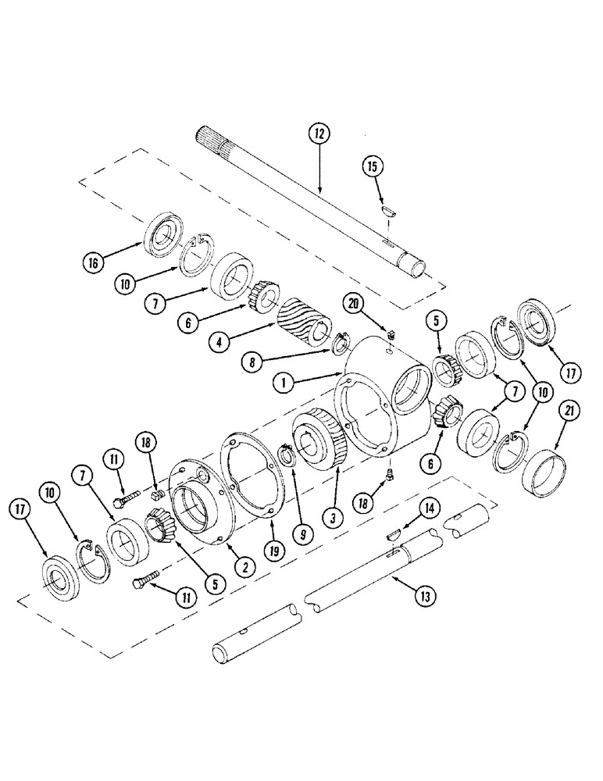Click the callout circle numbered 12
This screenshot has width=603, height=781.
(320, 134)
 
